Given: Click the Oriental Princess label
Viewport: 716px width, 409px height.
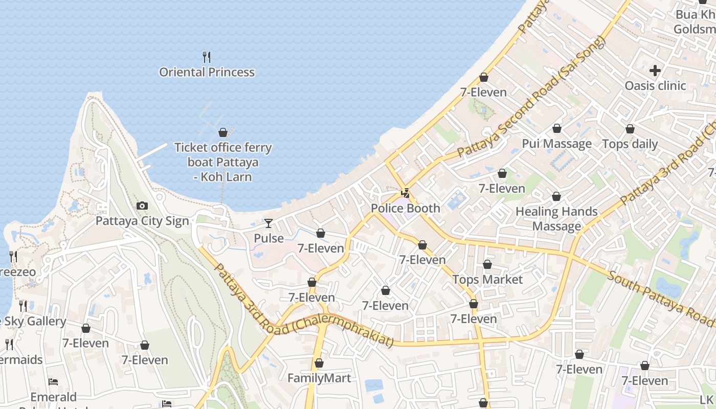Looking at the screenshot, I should coord(207,72).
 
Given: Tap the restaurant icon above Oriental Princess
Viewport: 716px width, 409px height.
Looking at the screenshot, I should coord(207,57).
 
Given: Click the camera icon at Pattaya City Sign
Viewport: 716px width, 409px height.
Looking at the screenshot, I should coord(142,206).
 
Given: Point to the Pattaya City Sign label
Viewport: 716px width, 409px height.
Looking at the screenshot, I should coord(142,221).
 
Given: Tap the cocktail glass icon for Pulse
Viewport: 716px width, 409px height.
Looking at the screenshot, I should coord(268,223).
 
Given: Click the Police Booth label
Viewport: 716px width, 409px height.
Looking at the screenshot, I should coord(405,208).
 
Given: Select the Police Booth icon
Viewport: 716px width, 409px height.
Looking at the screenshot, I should coord(406,193).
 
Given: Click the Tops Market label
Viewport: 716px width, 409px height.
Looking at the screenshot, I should coord(487,280).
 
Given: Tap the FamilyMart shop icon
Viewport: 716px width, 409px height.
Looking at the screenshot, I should coord(319,363).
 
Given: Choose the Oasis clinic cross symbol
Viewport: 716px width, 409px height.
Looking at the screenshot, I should coord(655,71).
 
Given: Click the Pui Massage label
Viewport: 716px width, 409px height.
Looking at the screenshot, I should coord(556,144).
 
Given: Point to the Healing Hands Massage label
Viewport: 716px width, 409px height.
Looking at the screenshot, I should coord(556,219).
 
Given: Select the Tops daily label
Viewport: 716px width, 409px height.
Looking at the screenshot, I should coord(630,144).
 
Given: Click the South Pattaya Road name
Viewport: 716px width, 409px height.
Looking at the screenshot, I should coord(660,299).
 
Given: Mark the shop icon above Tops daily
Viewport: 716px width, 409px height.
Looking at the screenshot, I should coord(630,129).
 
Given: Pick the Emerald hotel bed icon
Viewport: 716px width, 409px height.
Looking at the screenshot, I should coord(53,382).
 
